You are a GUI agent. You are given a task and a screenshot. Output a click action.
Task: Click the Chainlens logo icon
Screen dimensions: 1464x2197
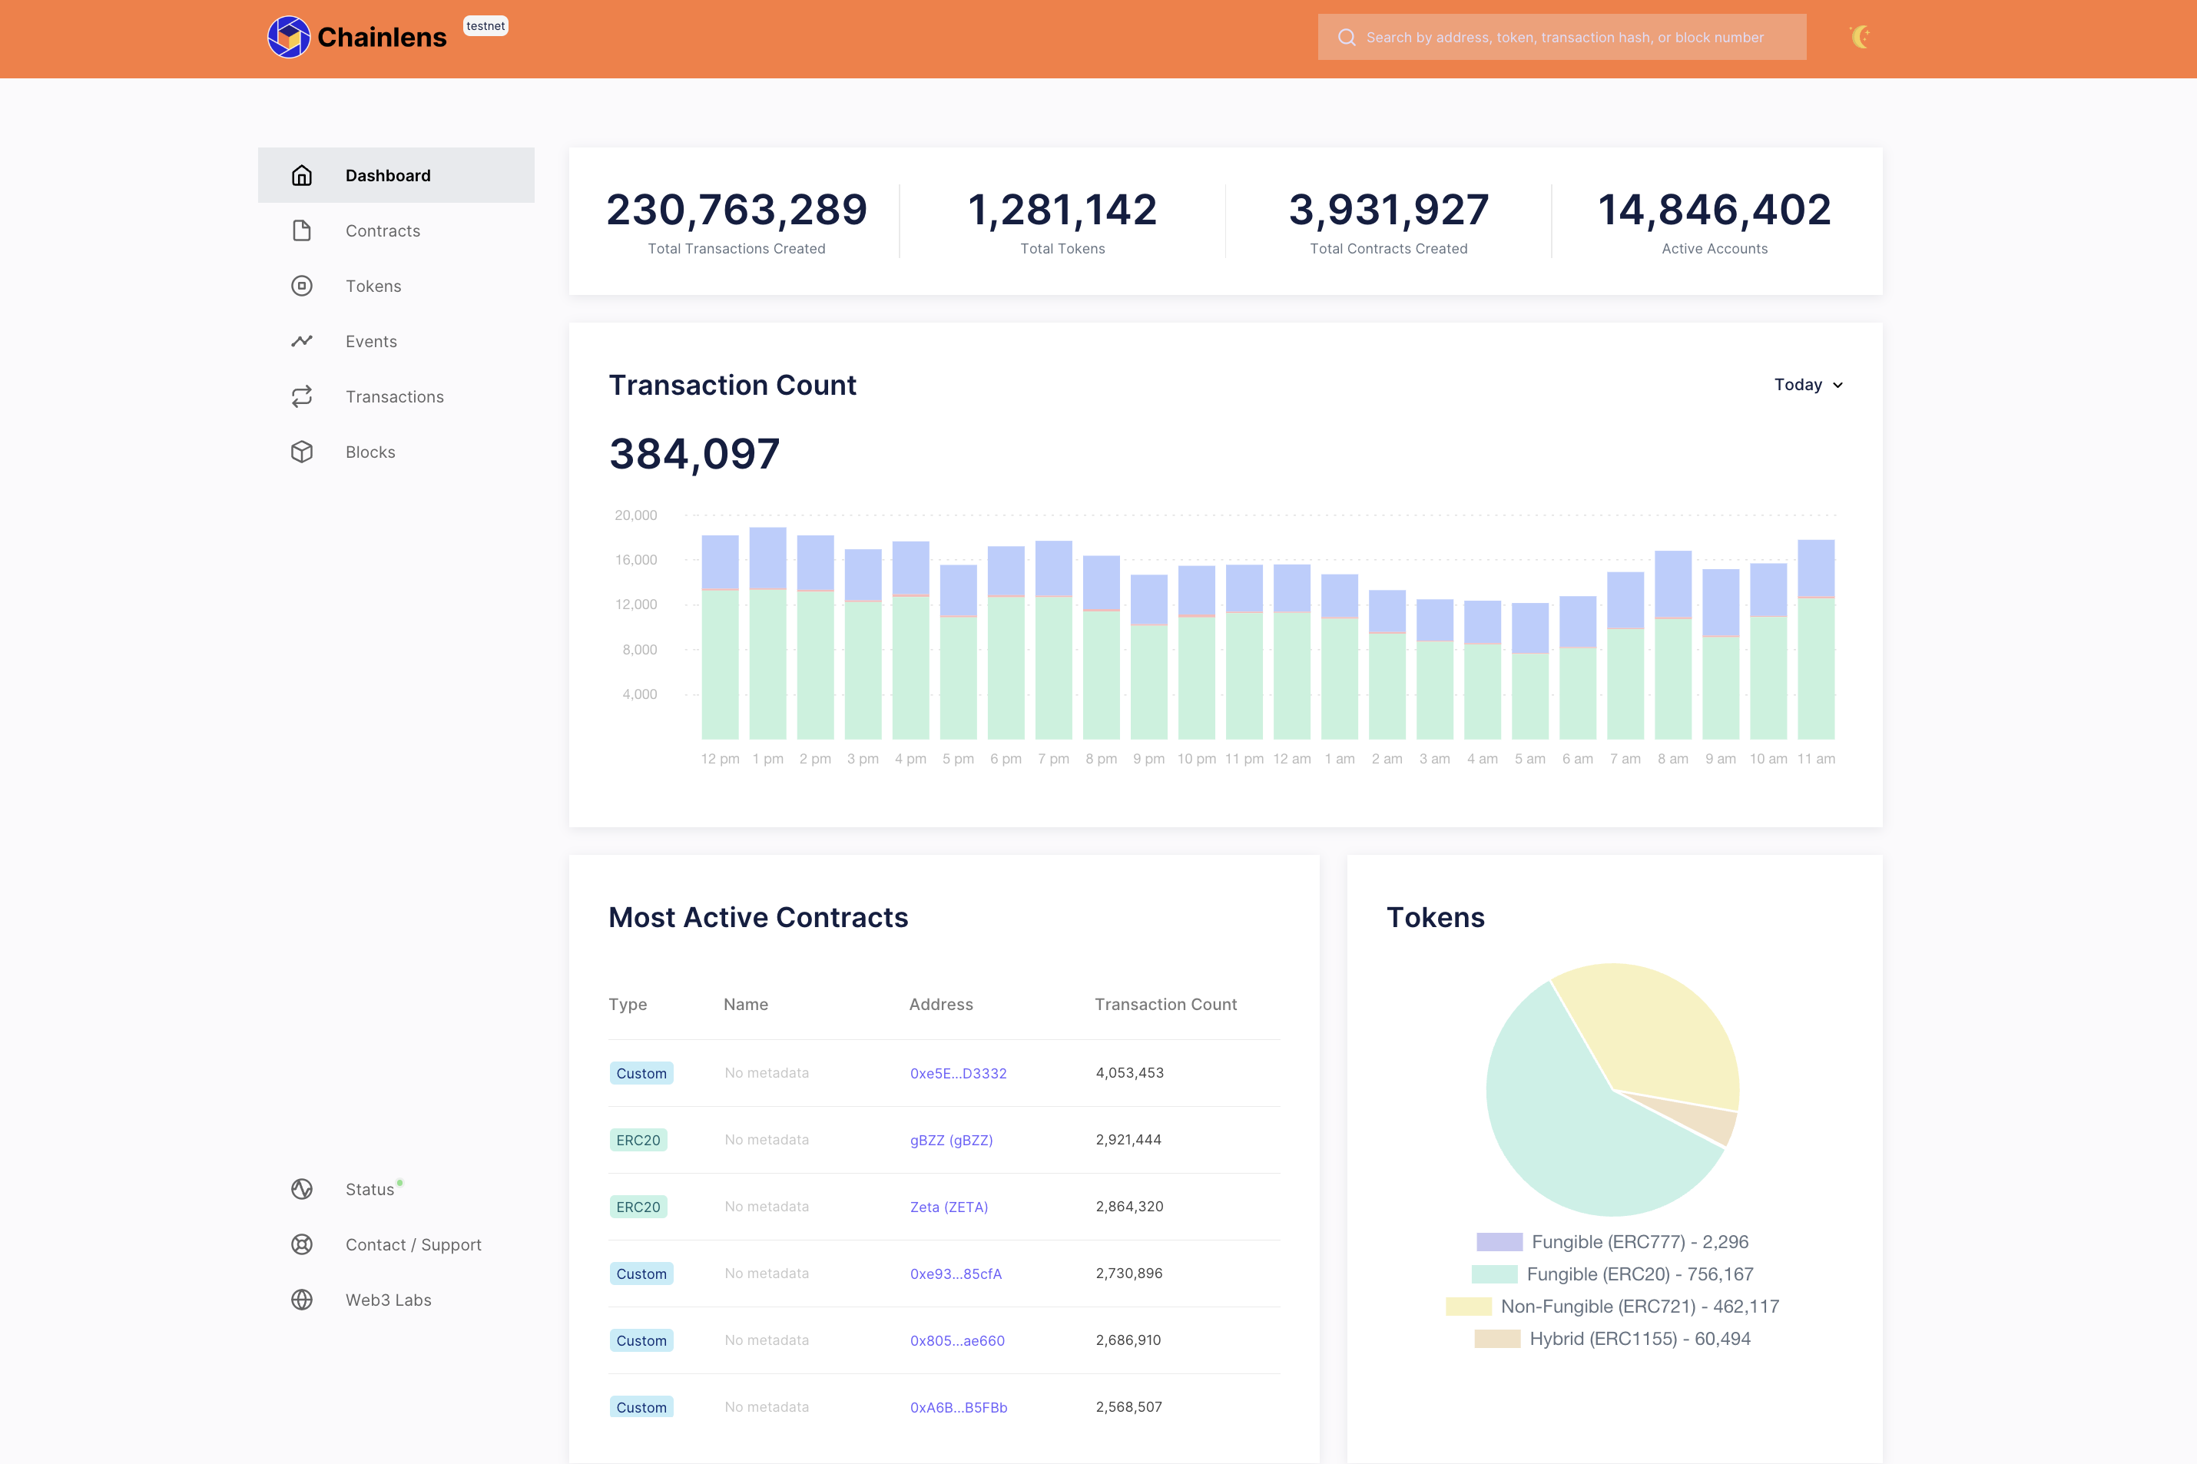289,38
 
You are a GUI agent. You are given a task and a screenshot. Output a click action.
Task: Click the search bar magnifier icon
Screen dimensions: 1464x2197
1347,38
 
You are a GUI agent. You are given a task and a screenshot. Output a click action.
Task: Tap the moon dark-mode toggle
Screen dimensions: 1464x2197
1859,38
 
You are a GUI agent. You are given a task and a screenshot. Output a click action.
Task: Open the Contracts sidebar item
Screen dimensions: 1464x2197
382,230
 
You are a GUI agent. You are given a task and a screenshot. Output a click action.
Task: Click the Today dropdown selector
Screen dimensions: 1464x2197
1808,385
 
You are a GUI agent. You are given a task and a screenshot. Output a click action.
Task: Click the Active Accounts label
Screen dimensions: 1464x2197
1715,248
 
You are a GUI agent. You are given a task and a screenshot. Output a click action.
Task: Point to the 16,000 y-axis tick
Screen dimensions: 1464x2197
636,560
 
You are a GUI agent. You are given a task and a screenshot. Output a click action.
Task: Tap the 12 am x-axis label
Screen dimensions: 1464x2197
1291,759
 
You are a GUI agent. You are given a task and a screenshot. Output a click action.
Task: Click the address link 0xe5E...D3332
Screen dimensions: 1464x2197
958,1074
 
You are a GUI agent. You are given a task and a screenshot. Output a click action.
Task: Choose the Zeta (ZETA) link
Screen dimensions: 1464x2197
949,1207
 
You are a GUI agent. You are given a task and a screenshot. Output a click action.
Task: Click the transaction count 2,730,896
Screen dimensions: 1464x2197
1129,1274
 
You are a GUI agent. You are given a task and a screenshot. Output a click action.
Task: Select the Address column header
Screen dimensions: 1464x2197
940,1005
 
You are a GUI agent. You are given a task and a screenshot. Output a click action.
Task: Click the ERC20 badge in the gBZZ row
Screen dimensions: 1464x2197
638,1140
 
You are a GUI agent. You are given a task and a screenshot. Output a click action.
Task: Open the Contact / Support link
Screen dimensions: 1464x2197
413,1244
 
